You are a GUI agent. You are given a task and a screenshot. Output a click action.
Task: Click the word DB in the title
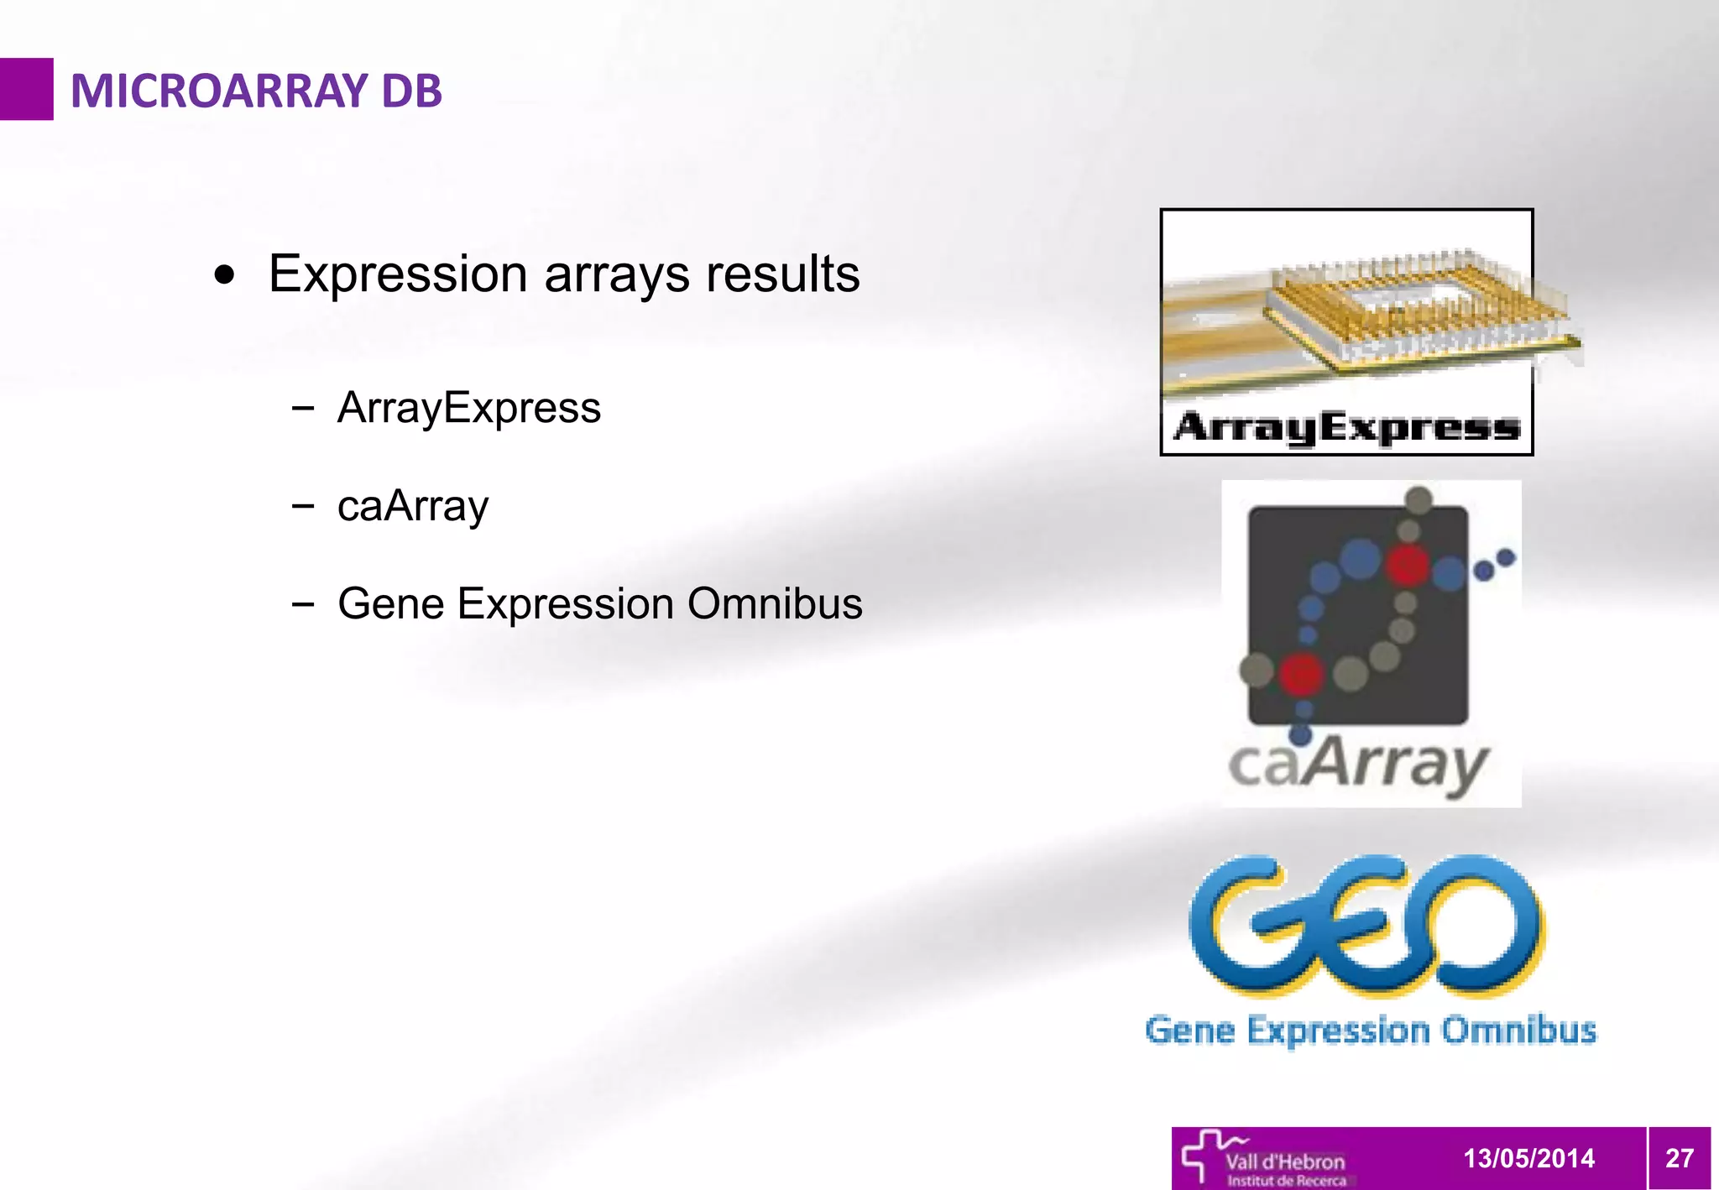pyautogui.click(x=410, y=91)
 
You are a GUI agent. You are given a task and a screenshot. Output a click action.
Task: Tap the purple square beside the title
pyautogui.click(x=26, y=89)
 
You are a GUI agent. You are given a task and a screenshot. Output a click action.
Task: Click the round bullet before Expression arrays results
pyautogui.click(x=224, y=275)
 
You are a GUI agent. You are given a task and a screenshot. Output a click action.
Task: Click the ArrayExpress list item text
pyautogui.click(x=468, y=408)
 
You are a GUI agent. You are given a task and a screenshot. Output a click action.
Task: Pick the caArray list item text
pyautogui.click(x=412, y=506)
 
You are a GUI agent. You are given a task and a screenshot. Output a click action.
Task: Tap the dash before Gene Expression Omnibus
pyautogui.click(x=303, y=603)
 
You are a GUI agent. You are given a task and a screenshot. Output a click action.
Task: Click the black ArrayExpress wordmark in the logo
pyautogui.click(x=1346, y=427)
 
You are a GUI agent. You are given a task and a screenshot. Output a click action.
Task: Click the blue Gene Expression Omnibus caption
pyautogui.click(x=1370, y=1030)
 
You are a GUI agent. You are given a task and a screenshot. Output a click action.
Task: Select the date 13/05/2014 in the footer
pyautogui.click(x=1528, y=1158)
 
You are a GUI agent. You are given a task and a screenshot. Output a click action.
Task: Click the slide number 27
pyautogui.click(x=1679, y=1158)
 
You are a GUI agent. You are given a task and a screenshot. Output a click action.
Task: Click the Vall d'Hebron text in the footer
pyautogui.click(x=1285, y=1161)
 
